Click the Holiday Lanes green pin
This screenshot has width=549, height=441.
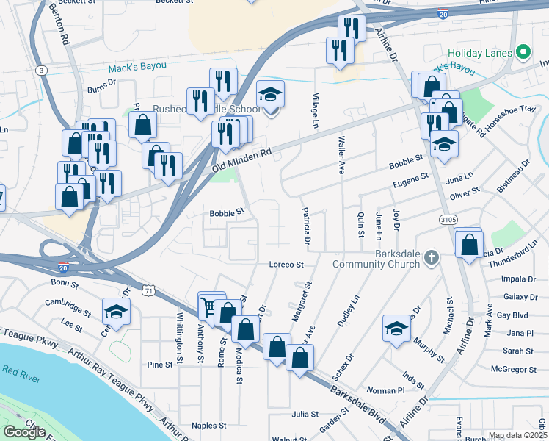click(x=523, y=52)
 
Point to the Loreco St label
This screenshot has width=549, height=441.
click(x=286, y=265)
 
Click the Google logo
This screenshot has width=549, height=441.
click(x=24, y=431)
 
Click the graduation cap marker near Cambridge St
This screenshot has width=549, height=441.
click(x=116, y=312)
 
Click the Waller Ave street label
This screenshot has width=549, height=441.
click(x=341, y=154)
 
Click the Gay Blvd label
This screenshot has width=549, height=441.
click(x=512, y=315)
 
